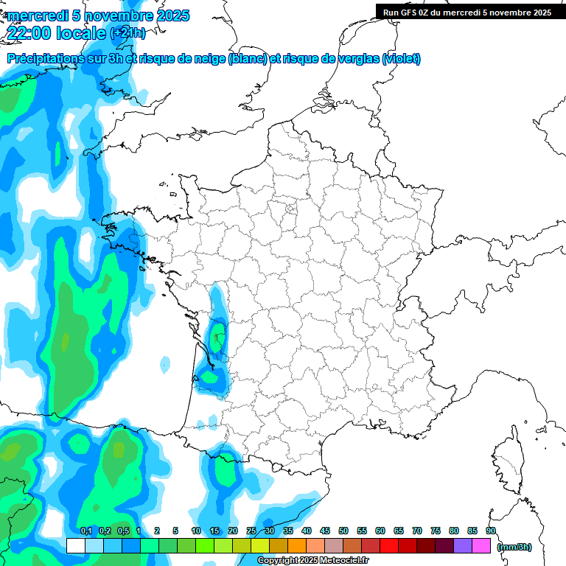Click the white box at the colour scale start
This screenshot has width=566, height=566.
tap(75, 545)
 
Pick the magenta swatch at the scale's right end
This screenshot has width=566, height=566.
tap(481, 545)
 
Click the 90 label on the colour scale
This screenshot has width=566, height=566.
tap(491, 531)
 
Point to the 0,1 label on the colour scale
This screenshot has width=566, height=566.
tap(85, 531)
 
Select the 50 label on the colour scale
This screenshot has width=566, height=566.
tap(343, 531)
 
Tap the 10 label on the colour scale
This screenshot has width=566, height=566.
tap(196, 531)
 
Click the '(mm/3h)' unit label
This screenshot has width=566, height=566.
tap(514, 547)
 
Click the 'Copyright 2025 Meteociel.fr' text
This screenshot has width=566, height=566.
tap(312, 560)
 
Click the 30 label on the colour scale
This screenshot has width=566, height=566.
tap(270, 531)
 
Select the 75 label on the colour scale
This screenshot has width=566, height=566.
tap(436, 531)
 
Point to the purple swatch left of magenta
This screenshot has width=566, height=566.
tap(463, 545)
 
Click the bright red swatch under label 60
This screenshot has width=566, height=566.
tap(389, 545)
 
